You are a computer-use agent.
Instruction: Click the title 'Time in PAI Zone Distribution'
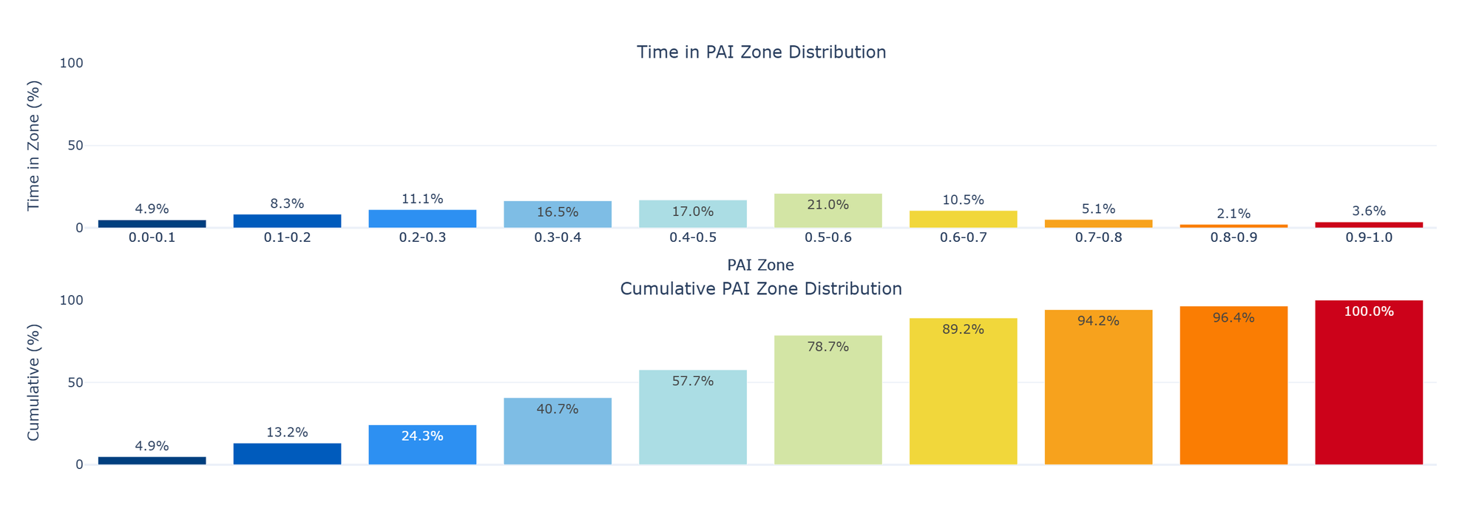761,53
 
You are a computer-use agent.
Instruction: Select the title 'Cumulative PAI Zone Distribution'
761,289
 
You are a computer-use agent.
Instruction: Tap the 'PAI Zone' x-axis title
760,265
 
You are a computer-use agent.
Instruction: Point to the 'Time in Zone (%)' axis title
34,146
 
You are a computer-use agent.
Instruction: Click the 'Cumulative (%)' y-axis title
34,382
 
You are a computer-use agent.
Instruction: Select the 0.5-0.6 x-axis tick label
828,238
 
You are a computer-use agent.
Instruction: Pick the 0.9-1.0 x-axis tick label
1369,238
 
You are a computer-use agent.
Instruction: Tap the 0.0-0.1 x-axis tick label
152,238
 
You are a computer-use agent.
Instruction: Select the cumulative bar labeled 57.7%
693,422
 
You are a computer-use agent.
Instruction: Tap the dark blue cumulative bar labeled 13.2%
287,454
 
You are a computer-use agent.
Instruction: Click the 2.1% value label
1233,214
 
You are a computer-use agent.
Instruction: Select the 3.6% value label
1369,211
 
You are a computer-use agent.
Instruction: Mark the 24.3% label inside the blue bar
422,436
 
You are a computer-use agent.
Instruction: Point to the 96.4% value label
1233,318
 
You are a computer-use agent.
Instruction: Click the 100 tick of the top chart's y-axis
72,64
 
